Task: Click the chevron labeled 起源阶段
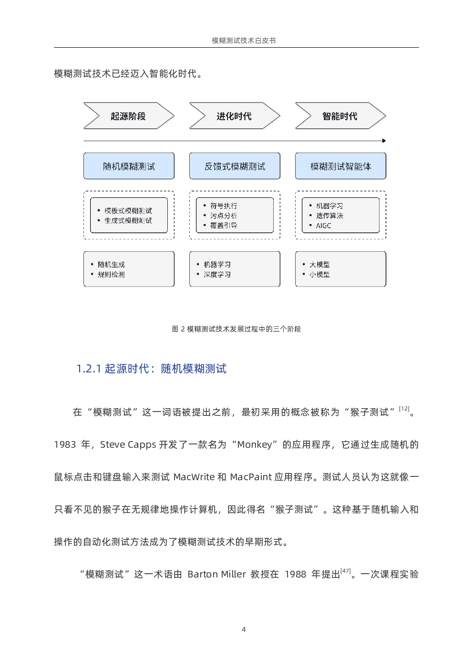tap(129, 116)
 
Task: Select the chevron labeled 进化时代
tap(235, 116)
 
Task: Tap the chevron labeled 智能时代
tap(341, 116)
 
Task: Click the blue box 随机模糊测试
tap(129, 166)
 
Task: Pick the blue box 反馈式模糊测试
tap(235, 166)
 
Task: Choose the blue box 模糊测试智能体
tap(341, 166)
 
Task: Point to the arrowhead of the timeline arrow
tap(384, 141)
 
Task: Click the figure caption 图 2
tap(179, 329)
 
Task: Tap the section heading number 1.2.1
tap(89, 369)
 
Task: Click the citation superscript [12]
tap(404, 409)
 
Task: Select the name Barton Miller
tap(216, 574)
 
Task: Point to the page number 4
tap(244, 629)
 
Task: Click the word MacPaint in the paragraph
tap(251, 477)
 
